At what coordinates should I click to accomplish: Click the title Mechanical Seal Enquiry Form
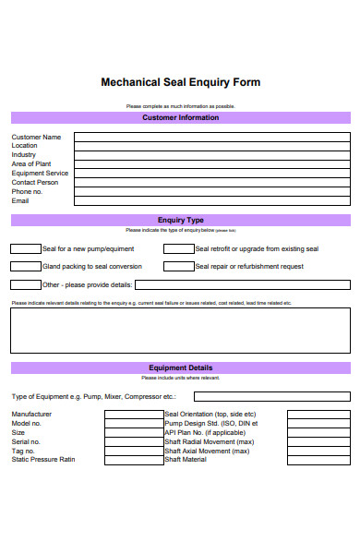pos(180,82)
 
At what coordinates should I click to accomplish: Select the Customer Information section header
pos(180,118)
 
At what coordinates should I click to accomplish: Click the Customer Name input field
pos(211,137)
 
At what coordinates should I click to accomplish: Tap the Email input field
pos(211,200)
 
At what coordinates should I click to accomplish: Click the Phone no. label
pos(27,191)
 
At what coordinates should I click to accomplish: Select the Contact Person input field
pos(211,182)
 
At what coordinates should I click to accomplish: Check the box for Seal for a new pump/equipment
pos(25,248)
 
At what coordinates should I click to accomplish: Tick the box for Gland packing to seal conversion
pos(25,266)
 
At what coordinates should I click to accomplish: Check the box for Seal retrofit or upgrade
pos(178,248)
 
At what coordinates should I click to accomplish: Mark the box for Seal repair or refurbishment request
pos(178,266)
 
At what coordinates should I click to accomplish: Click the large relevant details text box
pos(180,331)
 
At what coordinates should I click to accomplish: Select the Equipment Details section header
pos(180,367)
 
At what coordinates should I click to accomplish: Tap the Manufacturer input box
pos(134,415)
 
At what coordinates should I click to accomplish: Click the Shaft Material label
pos(186,460)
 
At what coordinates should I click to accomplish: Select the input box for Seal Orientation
pos(318,415)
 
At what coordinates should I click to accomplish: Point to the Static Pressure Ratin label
pos(43,460)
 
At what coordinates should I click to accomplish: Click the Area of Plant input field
pos(211,163)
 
